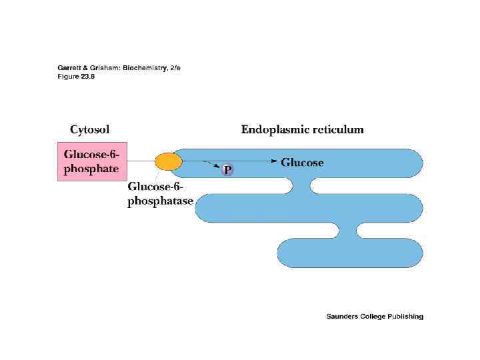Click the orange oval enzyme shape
[168, 161]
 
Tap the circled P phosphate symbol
[227, 171]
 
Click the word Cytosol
[90, 129]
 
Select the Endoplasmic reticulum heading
[302, 129]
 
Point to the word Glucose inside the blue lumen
[302, 162]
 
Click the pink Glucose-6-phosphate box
[91, 162]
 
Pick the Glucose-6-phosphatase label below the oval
[160, 194]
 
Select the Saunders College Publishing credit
[375, 317]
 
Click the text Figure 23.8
[76, 76]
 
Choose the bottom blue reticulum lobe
[350, 252]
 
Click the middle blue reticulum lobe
[310, 207]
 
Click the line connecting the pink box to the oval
[141, 161]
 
